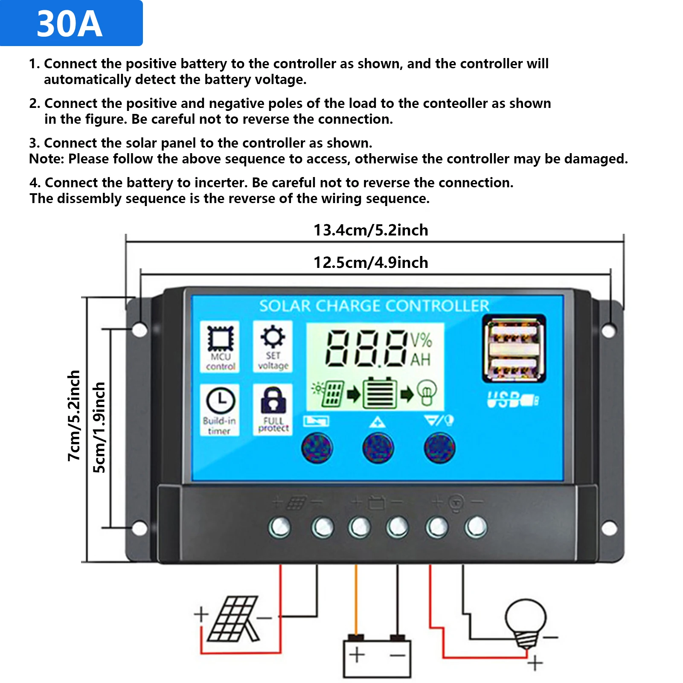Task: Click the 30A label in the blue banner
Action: [70, 24]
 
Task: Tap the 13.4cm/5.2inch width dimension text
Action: [370, 230]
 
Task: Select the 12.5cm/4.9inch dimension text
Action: [370, 262]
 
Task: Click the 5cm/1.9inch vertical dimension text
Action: [99, 427]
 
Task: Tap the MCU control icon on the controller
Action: [220, 340]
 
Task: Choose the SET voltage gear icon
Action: [273, 337]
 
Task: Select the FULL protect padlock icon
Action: [273, 400]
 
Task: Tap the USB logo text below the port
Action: [512, 400]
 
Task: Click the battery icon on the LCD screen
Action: [379, 393]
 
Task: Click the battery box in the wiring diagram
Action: [377, 657]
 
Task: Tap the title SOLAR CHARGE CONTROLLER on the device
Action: [374, 306]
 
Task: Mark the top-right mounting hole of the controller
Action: [608, 330]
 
